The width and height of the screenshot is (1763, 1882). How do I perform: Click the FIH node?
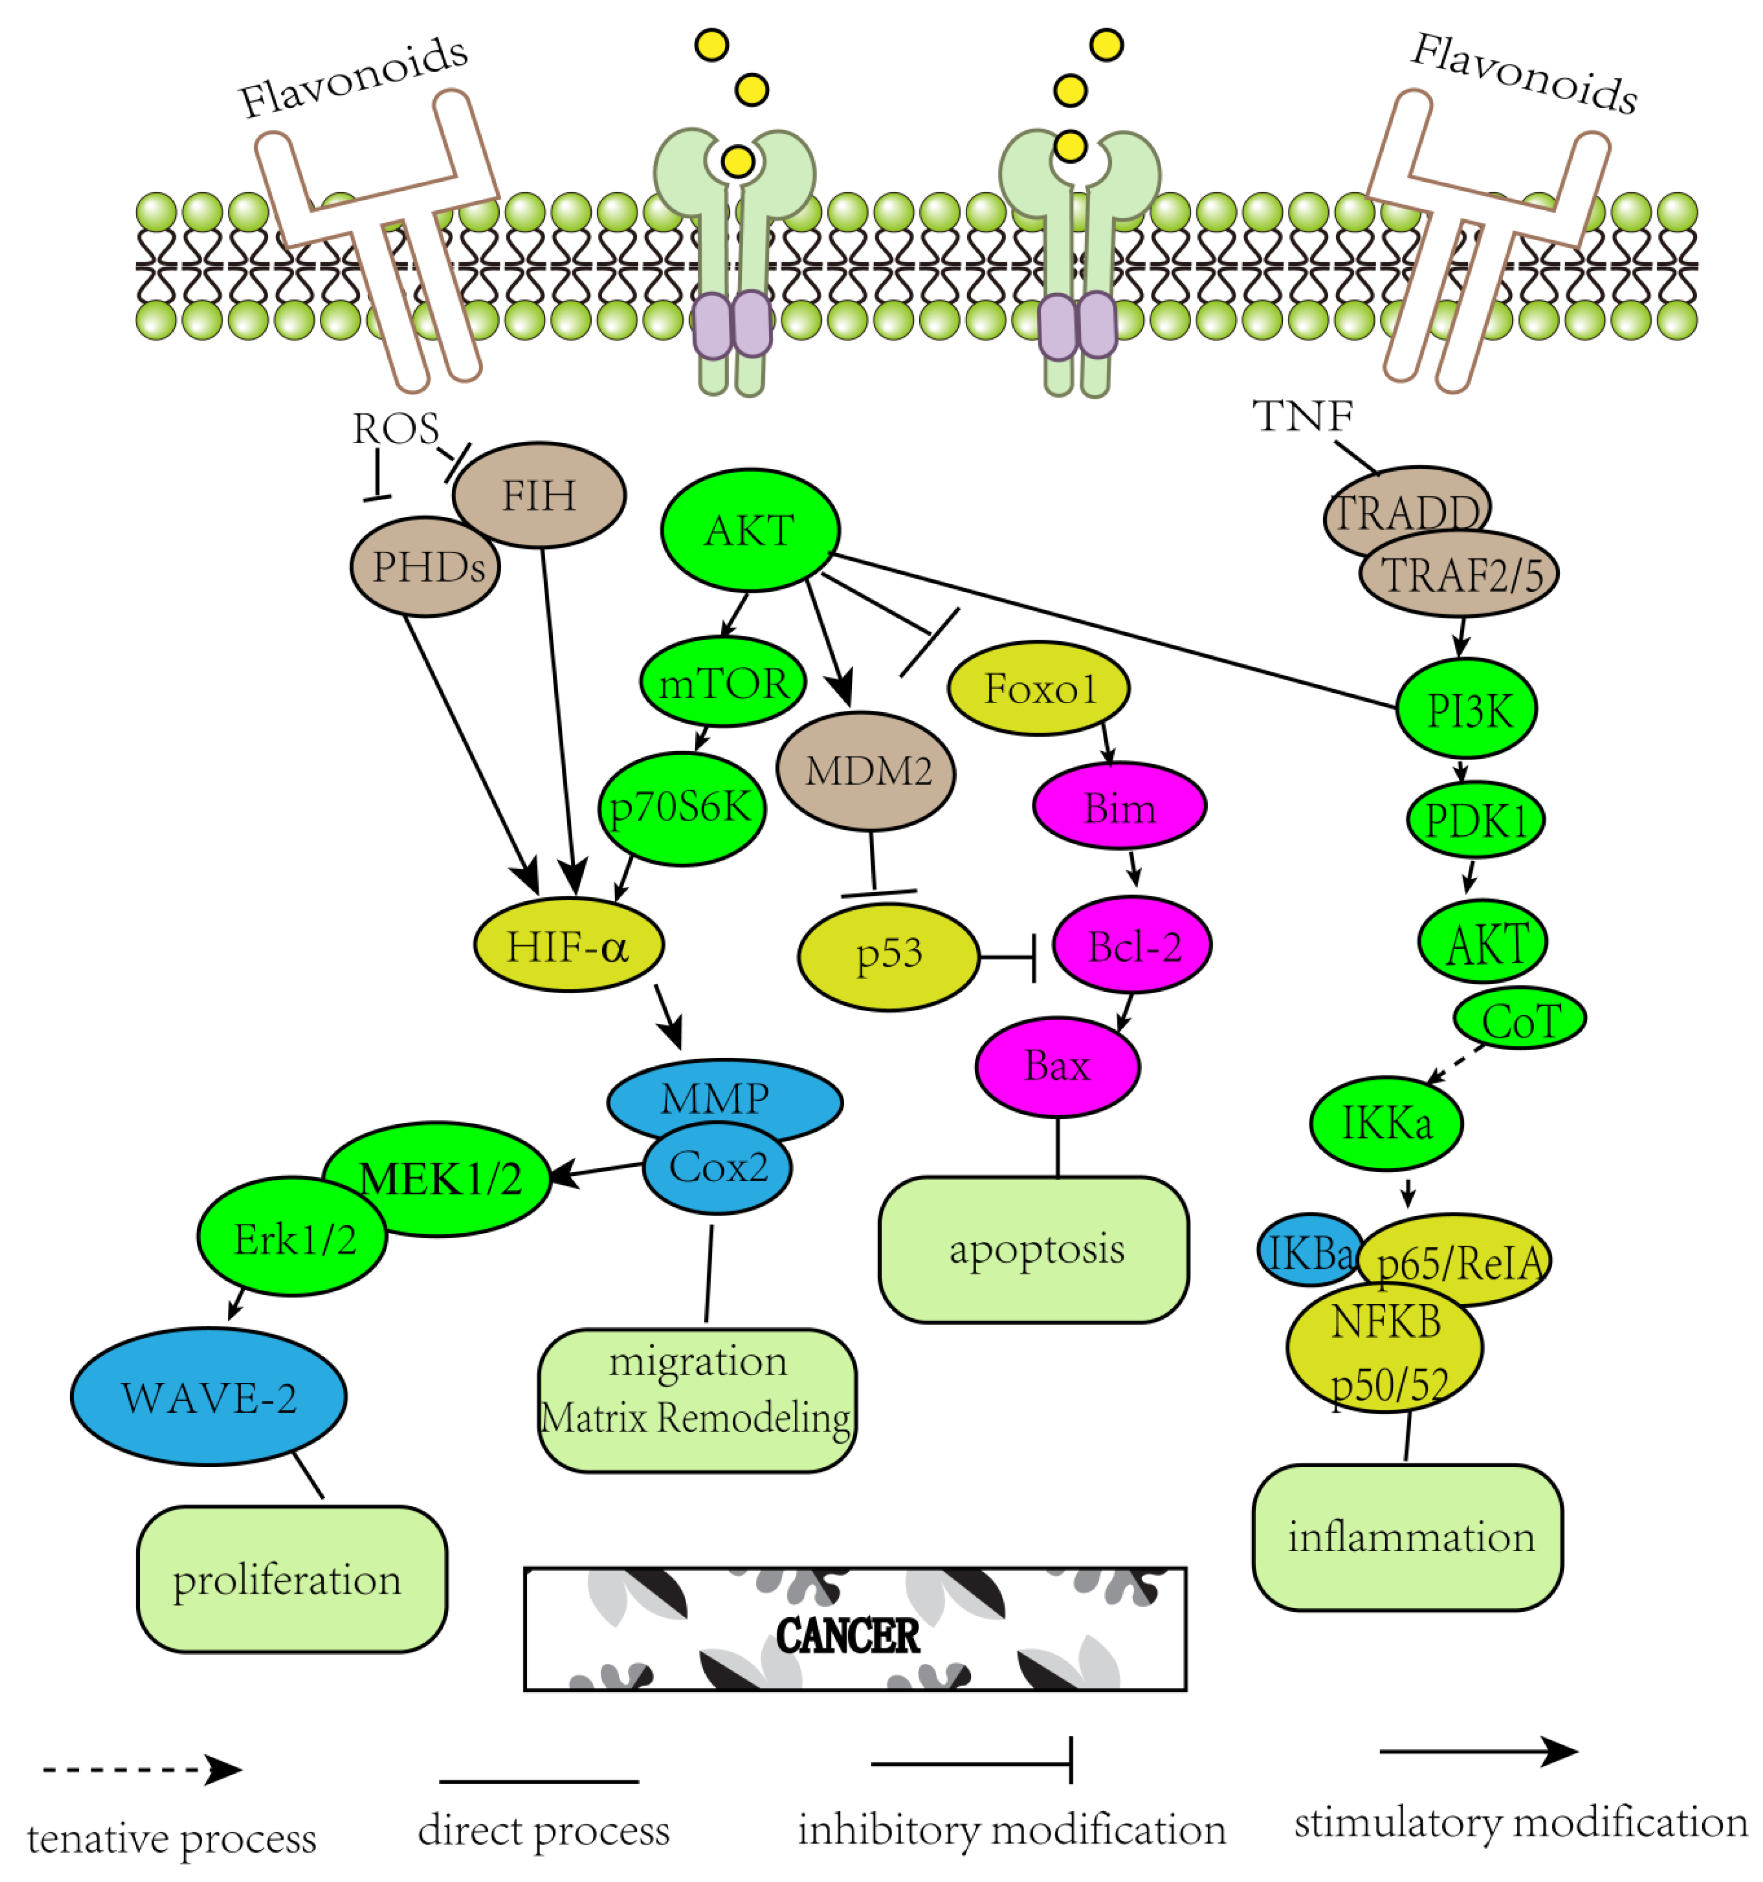tap(539, 495)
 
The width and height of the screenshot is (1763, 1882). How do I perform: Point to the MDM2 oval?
tap(866, 772)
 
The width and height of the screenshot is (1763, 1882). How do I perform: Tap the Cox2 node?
tap(718, 1168)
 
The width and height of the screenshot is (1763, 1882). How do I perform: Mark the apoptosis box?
tap(1034, 1249)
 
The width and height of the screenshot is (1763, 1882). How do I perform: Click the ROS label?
tap(396, 429)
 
